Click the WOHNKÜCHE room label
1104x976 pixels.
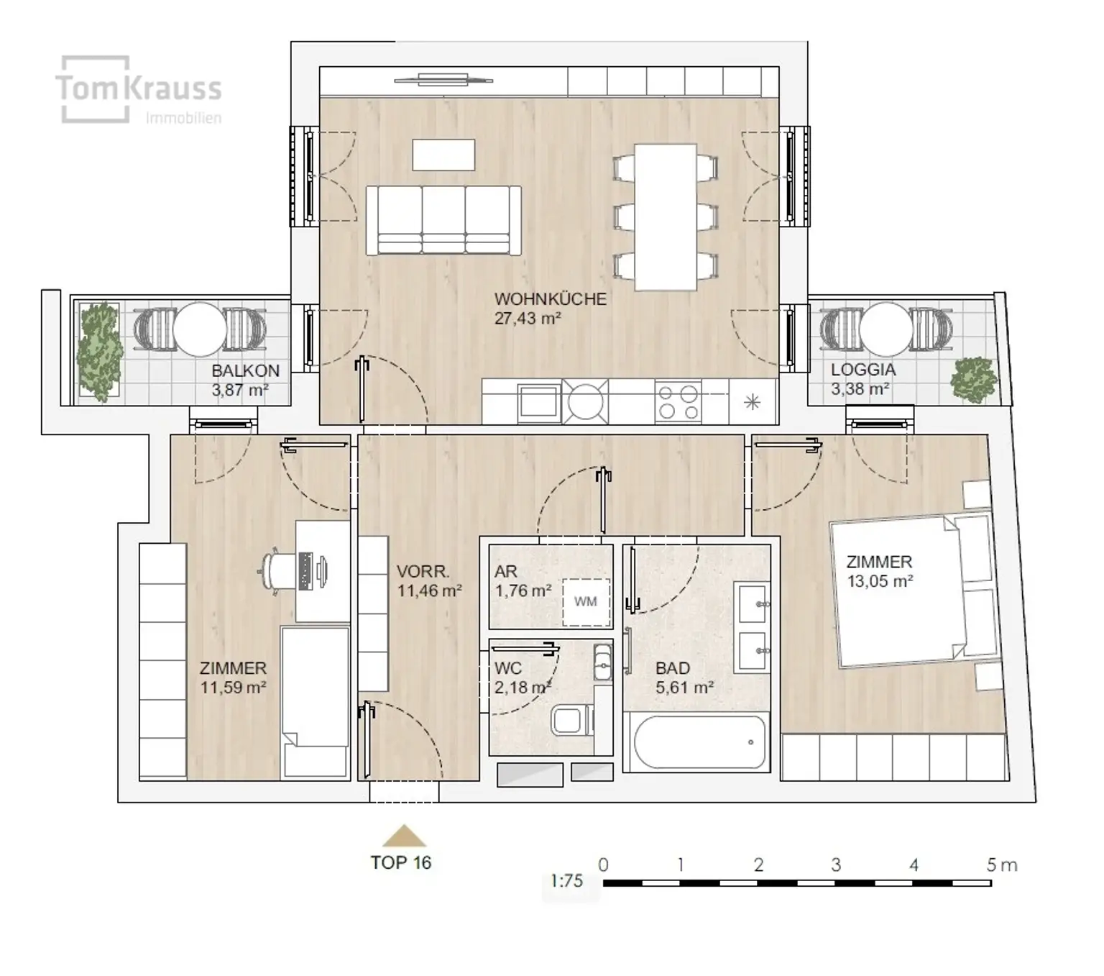tap(550, 298)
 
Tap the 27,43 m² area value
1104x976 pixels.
tap(528, 319)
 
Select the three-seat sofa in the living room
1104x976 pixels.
tap(443, 220)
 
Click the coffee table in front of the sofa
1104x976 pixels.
tap(443, 155)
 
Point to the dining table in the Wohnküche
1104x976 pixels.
tap(666, 217)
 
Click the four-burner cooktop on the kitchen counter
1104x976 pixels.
tap(678, 402)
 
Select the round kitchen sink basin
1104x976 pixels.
tap(585, 402)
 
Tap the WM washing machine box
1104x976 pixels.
tap(586, 602)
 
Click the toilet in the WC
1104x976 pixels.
tap(571, 720)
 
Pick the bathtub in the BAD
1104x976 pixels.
tap(700, 742)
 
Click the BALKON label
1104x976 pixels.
tap(245, 371)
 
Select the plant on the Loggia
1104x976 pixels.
tap(975, 380)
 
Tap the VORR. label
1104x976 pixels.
tap(423, 571)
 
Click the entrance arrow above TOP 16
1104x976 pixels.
tap(404, 835)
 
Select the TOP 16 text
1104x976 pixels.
tap(401, 862)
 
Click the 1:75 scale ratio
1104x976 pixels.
tap(566, 880)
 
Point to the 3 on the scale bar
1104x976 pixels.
tap(836, 865)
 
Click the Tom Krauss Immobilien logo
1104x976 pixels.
tap(139, 90)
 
